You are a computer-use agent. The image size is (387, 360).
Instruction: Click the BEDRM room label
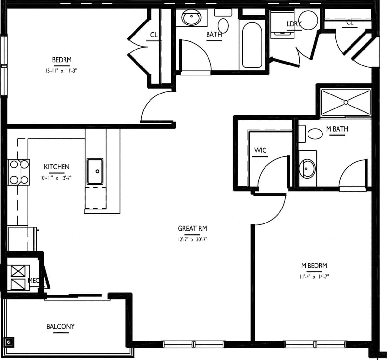click(62, 60)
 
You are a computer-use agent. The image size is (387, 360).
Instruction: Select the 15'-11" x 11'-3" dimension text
click(62, 70)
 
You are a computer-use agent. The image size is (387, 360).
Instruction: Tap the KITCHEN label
click(57, 167)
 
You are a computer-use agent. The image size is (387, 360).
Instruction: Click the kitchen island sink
click(95, 171)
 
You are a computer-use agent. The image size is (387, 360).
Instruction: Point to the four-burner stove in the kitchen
click(19, 172)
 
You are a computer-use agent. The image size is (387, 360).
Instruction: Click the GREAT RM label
click(192, 229)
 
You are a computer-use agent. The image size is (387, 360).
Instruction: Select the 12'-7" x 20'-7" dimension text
click(192, 239)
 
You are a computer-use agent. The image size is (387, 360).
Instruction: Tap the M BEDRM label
click(314, 266)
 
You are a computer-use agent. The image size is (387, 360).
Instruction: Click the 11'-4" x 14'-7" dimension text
click(314, 277)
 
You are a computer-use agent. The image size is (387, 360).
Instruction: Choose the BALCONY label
click(60, 326)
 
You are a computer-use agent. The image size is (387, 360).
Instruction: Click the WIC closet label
click(260, 150)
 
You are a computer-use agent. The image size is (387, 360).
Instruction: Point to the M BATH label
click(337, 129)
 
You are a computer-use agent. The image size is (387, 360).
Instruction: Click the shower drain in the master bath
click(346, 102)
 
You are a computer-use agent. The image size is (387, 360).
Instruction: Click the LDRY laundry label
click(294, 24)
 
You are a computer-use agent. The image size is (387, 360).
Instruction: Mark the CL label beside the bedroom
click(154, 35)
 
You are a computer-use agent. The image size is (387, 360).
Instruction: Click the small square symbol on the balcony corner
click(9, 342)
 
